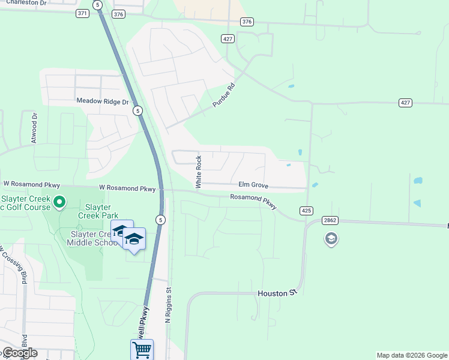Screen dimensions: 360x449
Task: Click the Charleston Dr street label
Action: click(23, 3)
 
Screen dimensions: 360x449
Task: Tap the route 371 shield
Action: click(82, 13)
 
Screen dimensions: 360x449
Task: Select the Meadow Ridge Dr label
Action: click(103, 101)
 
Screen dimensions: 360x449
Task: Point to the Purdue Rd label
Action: click(223, 95)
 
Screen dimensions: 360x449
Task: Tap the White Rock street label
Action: click(199, 172)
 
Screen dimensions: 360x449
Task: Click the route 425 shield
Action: click(306, 211)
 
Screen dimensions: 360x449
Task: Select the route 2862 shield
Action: click(330, 220)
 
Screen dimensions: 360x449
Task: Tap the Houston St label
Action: click(278, 293)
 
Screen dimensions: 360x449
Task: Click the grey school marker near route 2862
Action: click(331, 239)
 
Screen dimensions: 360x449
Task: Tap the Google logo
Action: click(20, 353)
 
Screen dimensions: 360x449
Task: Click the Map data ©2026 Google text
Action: click(411, 355)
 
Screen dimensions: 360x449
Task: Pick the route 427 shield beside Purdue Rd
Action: click(227, 38)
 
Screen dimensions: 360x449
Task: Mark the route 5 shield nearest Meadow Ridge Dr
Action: click(138, 111)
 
